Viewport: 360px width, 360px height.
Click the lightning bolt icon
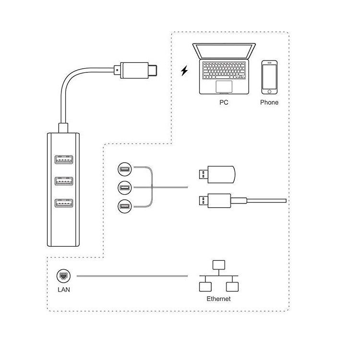tap(184, 71)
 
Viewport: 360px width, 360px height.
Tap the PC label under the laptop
tap(224, 102)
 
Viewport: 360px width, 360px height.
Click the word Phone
tap(269, 102)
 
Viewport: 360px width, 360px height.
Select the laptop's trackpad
tap(224, 86)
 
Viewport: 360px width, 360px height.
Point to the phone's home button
tap(269, 92)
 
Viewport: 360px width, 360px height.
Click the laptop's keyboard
tap(224, 71)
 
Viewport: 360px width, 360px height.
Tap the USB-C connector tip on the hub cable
tap(152, 70)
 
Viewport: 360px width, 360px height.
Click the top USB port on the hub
tap(64, 159)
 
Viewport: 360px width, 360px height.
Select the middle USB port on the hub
tap(64, 181)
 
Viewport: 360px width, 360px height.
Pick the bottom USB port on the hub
tap(64, 203)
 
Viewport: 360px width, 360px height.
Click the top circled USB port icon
tap(125, 169)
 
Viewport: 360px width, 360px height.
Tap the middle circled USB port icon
tap(125, 188)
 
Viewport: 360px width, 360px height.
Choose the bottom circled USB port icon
tap(125, 206)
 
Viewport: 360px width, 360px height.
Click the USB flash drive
tap(217, 175)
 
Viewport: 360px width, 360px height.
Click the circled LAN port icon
tap(63, 276)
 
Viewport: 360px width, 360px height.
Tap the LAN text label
tap(64, 290)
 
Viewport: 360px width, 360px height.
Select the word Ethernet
tap(218, 299)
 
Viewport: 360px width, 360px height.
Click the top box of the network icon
tap(218, 265)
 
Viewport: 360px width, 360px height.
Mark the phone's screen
tap(269, 77)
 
